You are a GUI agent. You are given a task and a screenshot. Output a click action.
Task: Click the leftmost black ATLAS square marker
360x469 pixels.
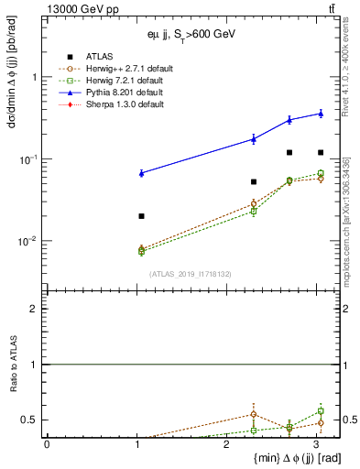coord(141,216)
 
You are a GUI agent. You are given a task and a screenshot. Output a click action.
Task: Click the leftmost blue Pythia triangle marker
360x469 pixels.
coord(141,173)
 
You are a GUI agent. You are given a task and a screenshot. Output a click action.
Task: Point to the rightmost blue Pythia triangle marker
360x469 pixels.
coord(321,113)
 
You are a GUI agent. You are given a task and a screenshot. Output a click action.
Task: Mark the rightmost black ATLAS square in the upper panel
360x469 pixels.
coord(321,152)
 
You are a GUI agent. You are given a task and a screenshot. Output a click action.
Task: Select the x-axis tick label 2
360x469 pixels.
coord(226,444)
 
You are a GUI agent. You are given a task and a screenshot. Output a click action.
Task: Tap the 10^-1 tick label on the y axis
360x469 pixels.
coord(31,160)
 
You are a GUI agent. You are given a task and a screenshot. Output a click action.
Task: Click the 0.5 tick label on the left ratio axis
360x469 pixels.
coord(33,420)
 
